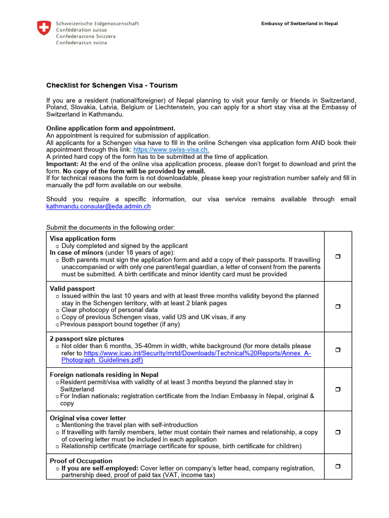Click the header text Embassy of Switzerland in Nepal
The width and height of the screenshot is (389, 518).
(x=299, y=24)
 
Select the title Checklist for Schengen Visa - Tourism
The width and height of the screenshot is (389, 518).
(x=112, y=85)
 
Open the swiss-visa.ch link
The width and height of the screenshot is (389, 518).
(x=171, y=150)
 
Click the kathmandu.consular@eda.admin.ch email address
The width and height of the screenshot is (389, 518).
(x=98, y=206)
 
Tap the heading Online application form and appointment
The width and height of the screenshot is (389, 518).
(x=111, y=128)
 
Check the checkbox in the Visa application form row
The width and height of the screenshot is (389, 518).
(x=338, y=257)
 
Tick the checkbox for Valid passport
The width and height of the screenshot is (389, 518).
(x=338, y=307)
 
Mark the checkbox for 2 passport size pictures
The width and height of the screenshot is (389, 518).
(x=338, y=350)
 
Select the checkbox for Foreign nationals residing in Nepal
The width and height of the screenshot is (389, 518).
(x=338, y=390)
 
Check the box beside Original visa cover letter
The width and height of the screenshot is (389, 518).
(x=338, y=433)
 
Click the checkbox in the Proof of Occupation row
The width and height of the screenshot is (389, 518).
(x=338, y=466)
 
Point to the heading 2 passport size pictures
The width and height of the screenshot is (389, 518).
(x=87, y=338)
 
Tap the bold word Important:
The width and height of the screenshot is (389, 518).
(x=62, y=164)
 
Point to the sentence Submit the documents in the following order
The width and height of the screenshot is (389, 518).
(x=110, y=227)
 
